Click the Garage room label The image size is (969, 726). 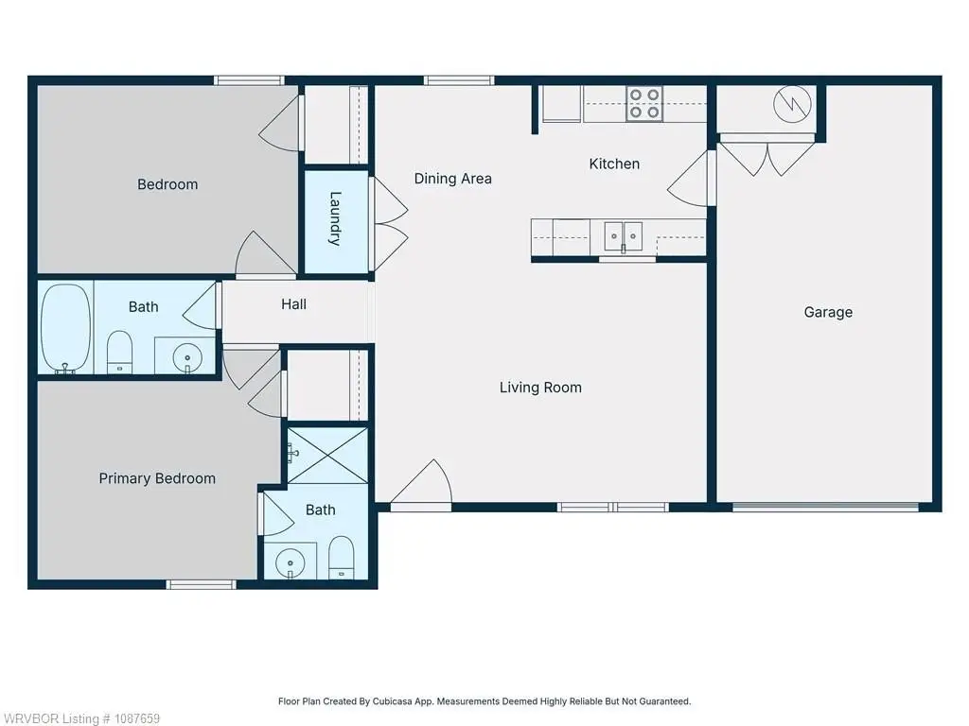point(828,312)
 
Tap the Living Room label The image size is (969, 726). point(540,388)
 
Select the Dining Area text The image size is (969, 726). point(453,179)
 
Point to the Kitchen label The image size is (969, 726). point(614,164)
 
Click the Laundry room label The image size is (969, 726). point(335,219)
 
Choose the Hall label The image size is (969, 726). point(293,304)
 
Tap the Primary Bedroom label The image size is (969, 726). point(157,478)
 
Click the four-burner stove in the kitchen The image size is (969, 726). point(643,103)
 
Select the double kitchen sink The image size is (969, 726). point(623,236)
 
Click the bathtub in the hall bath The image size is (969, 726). point(65,328)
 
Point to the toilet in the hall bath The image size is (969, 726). point(120,353)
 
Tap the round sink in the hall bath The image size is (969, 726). point(187,357)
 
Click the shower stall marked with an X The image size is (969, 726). point(327,456)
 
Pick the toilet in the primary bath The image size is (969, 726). point(341,558)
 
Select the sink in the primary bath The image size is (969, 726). point(290,563)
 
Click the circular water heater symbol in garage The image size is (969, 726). point(792,104)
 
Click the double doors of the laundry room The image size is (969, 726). point(388,224)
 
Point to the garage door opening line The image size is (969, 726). point(825,508)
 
